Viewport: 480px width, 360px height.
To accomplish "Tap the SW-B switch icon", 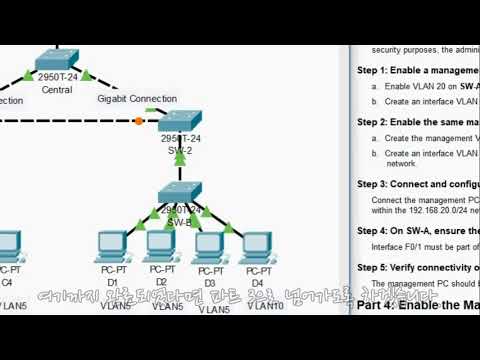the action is [181, 192].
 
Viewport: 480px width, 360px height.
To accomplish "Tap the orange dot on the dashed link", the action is [138, 121].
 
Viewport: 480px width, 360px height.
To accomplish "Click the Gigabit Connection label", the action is [138, 100].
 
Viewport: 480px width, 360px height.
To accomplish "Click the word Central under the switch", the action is [57, 90].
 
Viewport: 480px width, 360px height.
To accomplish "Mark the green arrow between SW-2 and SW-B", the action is [181, 156].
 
